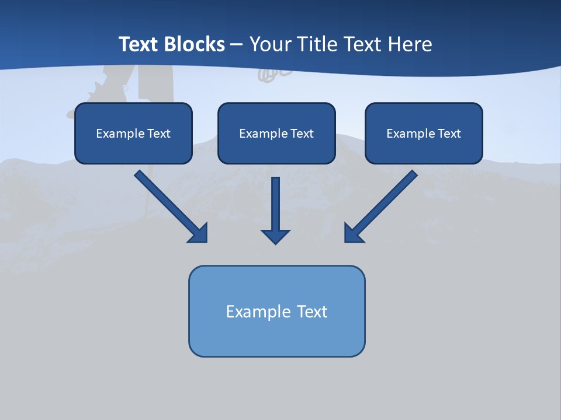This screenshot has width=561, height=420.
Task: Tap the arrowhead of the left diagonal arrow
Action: pos(199,233)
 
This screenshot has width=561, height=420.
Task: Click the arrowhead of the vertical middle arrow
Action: pos(275,236)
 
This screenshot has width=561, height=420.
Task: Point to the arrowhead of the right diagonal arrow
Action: pos(353,233)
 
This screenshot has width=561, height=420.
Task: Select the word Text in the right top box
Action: pos(449,134)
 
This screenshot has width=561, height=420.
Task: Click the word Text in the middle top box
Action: pos(302,134)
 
